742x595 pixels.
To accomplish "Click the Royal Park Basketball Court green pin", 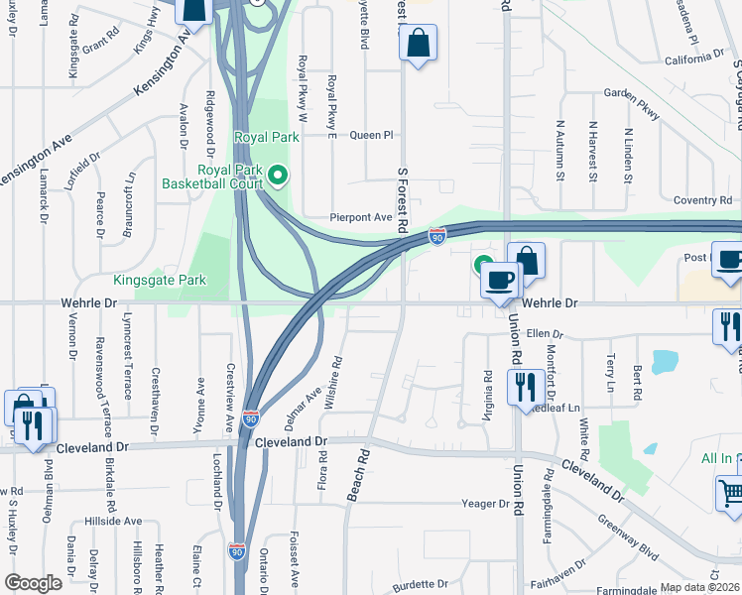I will click(x=278, y=177).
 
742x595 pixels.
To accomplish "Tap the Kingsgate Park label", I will click(x=160, y=281).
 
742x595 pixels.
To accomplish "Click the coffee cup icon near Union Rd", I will click(x=500, y=279).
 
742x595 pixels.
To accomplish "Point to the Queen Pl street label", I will click(x=372, y=135).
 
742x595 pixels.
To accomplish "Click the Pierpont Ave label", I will click(x=361, y=217).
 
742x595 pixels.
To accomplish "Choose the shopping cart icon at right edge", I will click(x=730, y=493).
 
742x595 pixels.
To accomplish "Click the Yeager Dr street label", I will click(x=485, y=504).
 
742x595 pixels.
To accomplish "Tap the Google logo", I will click(x=33, y=583).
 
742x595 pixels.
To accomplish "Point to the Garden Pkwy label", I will click(x=632, y=105).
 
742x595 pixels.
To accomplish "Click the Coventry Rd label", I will click(x=701, y=200).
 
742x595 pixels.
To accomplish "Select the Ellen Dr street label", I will click(x=545, y=334).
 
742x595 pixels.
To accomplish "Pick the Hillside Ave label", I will click(x=112, y=521).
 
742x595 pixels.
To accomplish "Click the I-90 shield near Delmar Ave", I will click(x=251, y=419).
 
